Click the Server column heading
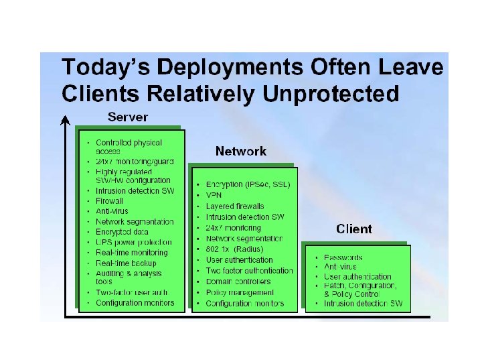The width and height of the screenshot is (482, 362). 128,117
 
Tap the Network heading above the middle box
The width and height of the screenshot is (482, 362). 241,152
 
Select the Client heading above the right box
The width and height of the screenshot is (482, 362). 354,229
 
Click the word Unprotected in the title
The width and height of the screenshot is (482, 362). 331,93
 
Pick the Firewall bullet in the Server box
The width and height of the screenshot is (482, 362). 110,200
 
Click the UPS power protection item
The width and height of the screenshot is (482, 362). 134,242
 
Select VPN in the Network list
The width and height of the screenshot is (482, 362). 214,195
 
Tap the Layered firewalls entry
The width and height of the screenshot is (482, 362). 235,206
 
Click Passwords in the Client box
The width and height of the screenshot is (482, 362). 343,257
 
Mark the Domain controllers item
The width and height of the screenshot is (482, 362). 238,282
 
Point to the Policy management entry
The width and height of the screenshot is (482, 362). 240,292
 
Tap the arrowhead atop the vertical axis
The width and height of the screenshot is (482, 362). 65,121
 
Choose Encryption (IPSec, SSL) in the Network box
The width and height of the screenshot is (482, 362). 248,184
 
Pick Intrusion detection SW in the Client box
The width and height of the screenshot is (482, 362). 364,304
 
